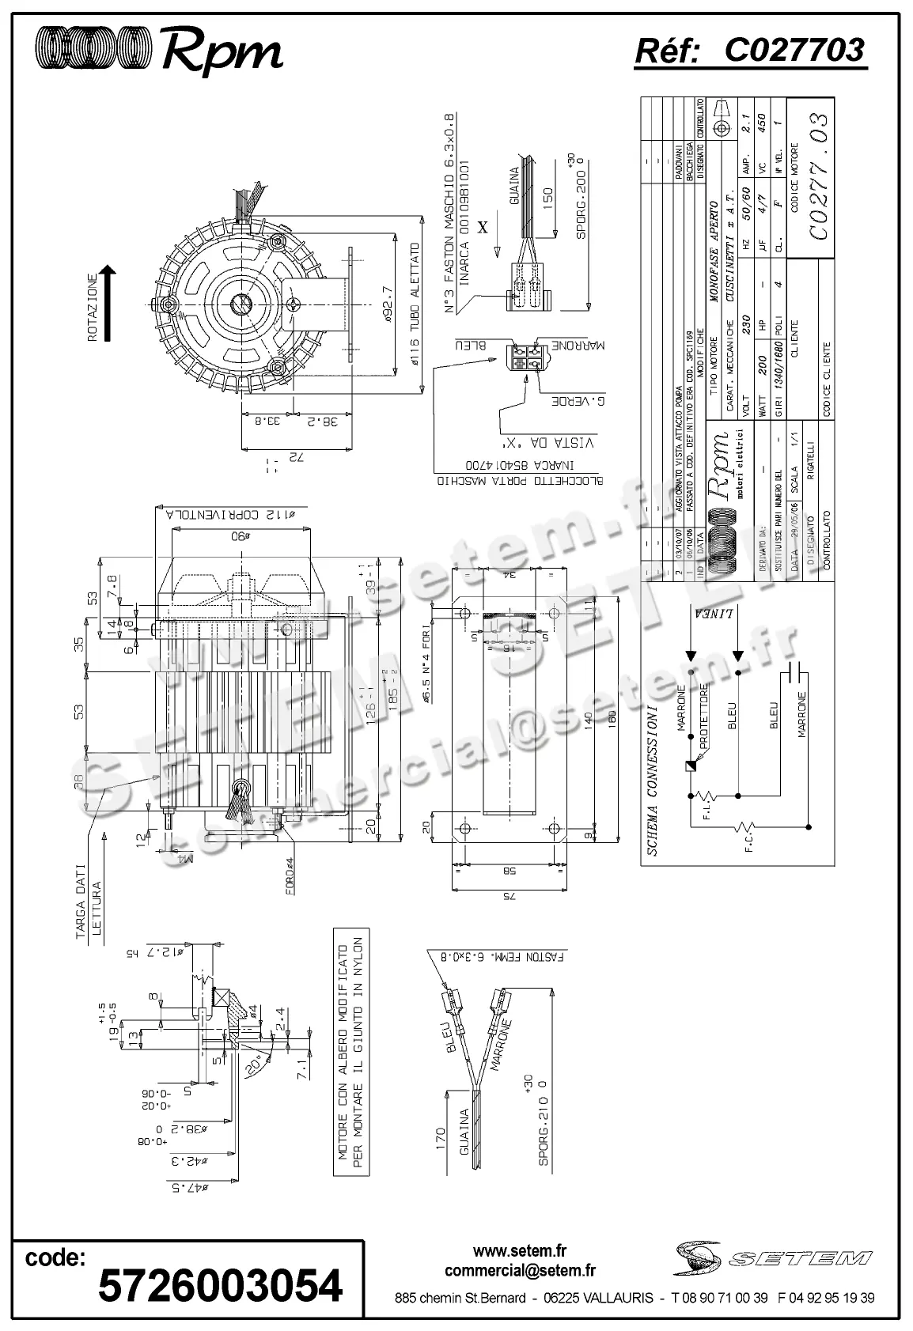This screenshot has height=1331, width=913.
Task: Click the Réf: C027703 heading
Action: tap(750, 51)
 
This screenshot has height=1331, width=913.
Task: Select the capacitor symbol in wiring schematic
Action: tap(798, 672)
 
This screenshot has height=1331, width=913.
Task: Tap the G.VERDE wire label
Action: tap(578, 402)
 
